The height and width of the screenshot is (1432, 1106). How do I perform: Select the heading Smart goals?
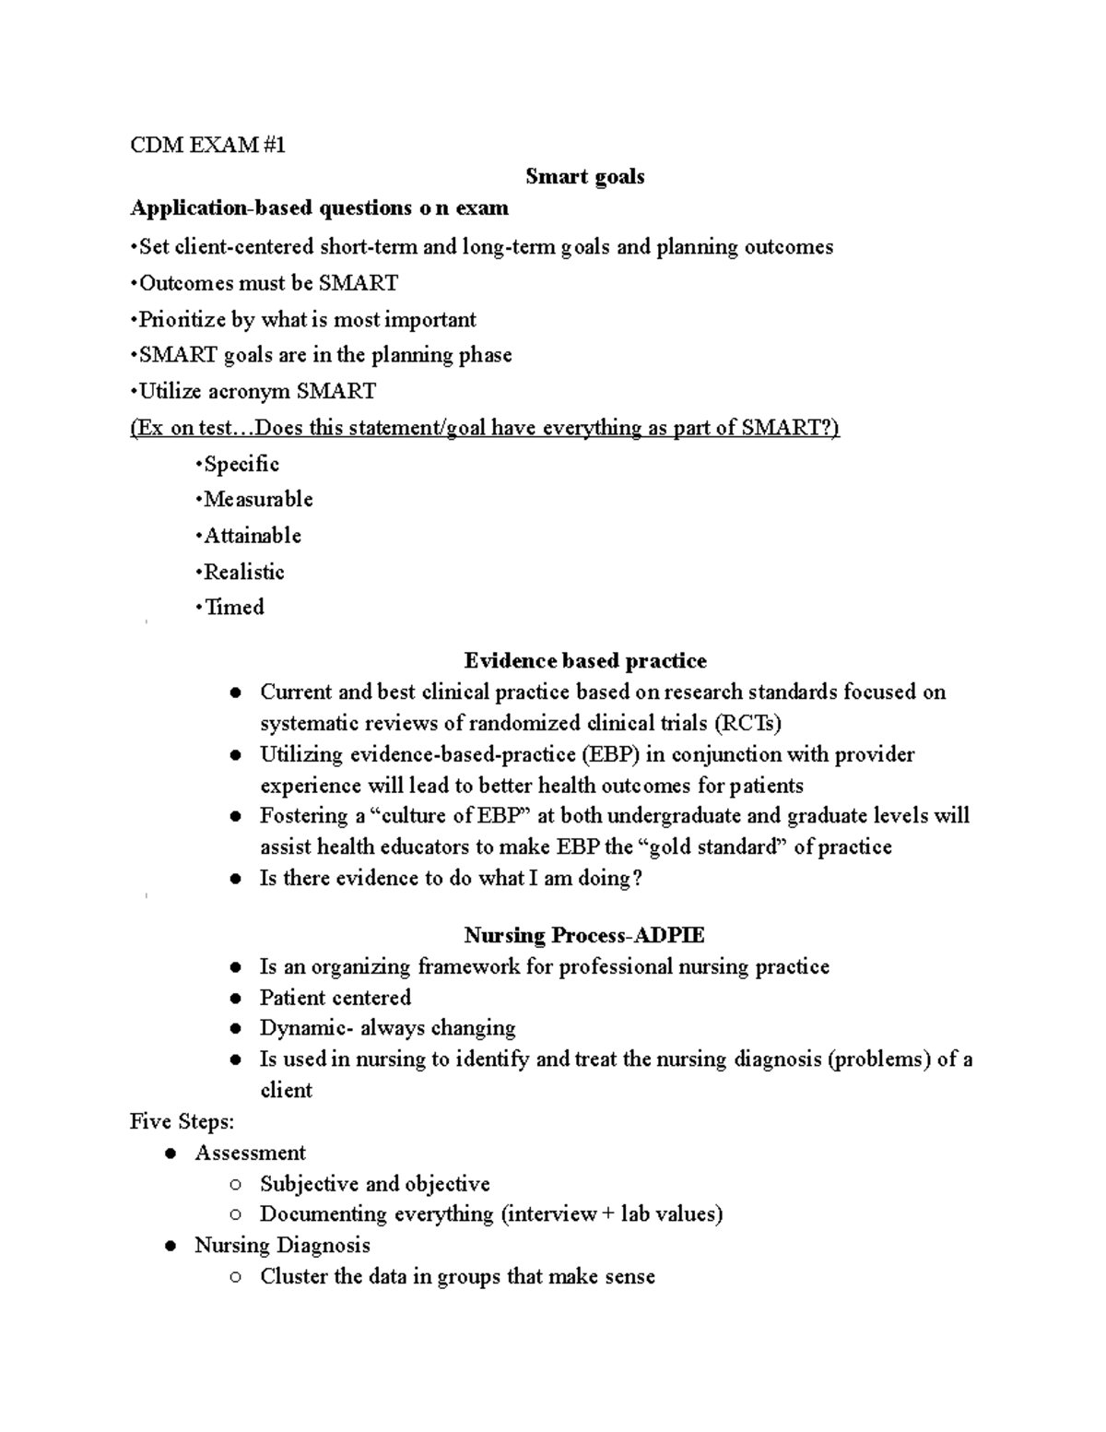(x=584, y=176)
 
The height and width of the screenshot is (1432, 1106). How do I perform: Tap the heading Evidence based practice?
(x=585, y=660)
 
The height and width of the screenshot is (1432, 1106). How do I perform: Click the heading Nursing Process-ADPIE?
(x=584, y=935)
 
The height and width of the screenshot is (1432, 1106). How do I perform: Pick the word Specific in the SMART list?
(x=241, y=464)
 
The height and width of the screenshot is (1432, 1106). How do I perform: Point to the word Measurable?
(x=258, y=500)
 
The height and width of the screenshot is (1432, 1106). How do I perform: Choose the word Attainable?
(x=253, y=536)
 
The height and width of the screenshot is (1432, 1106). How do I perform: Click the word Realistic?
(x=244, y=572)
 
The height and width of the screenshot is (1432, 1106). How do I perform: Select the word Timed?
(x=234, y=607)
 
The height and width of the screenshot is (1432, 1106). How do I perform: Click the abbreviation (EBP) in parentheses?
(x=609, y=754)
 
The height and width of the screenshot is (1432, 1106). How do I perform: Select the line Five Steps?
(x=182, y=1121)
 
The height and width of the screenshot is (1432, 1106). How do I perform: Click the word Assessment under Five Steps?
(x=250, y=1153)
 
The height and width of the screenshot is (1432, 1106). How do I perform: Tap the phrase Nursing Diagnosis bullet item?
(x=282, y=1245)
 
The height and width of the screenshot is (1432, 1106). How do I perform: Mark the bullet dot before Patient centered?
(x=237, y=999)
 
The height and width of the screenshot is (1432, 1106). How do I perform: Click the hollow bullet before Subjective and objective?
(x=237, y=1185)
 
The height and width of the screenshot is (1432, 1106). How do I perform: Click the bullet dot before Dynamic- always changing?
(x=237, y=1029)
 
